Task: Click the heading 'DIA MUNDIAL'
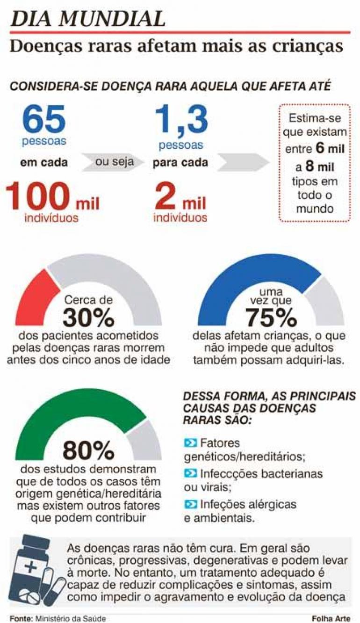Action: (88, 18)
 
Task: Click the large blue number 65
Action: (44, 120)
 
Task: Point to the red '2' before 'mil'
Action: (165, 196)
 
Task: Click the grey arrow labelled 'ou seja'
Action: (114, 162)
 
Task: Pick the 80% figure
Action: (88, 450)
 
